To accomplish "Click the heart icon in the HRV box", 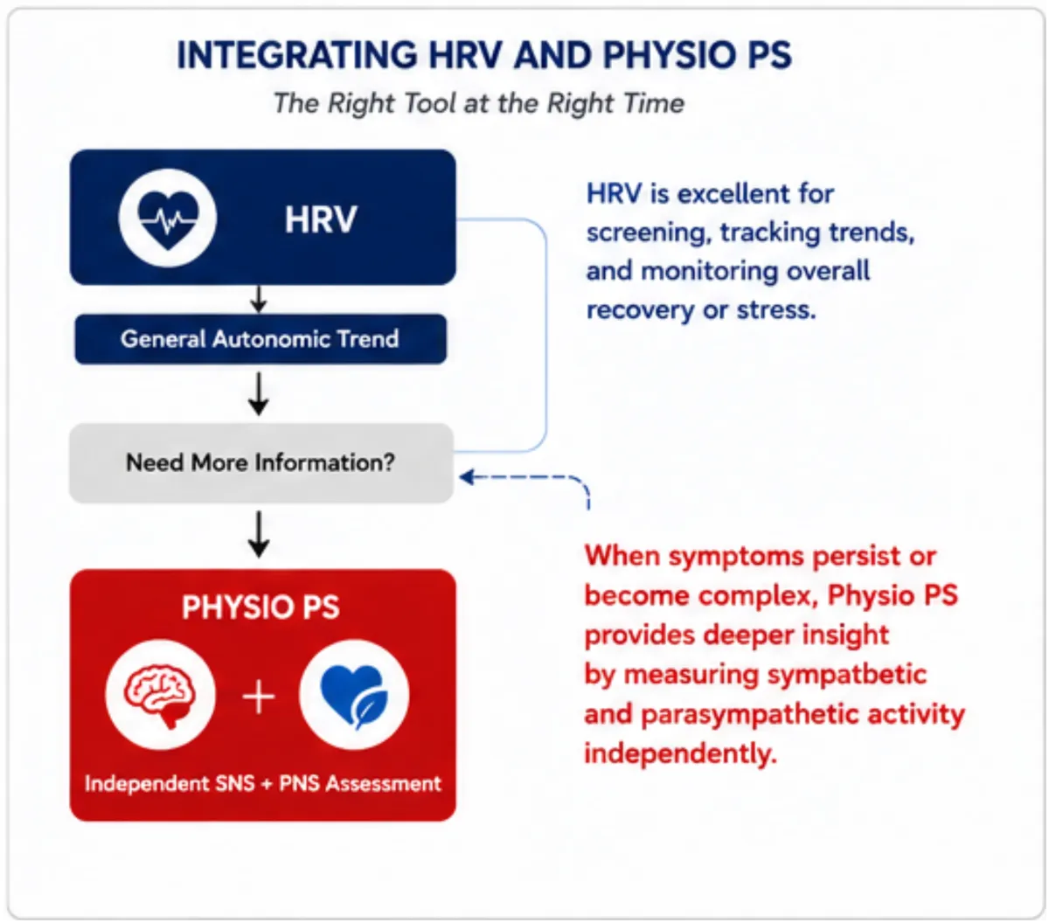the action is pos(167,219).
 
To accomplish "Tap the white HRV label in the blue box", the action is pos(321,219).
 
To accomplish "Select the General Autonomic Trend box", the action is pos(261,339).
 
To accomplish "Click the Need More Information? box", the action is pos(261,462).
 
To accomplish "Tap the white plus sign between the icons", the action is pos(259,697).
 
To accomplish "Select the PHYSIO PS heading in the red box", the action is pos(261,607).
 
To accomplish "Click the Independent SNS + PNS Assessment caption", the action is pos(263,784).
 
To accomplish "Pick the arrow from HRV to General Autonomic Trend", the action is pos(259,299).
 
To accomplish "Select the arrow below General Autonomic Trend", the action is pos(259,394).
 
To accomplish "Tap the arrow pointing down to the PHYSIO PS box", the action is pos(259,534).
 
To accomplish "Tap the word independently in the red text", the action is pos(681,753).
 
